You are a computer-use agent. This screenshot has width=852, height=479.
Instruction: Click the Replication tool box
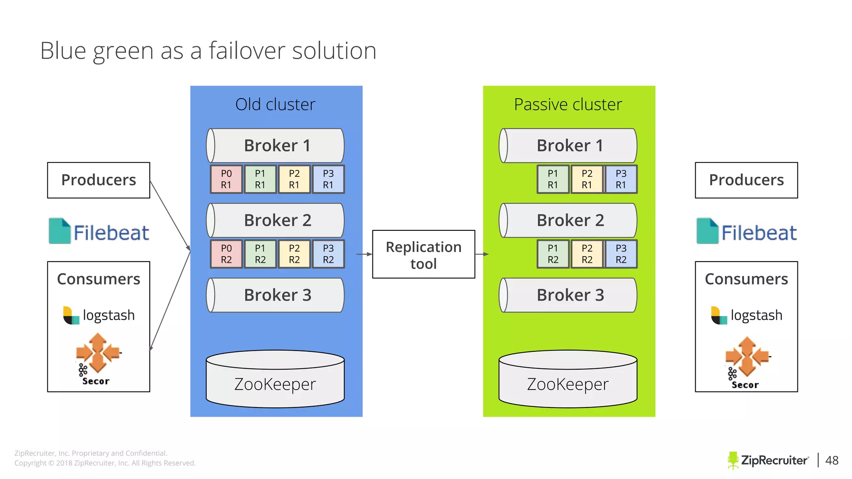tap(424, 254)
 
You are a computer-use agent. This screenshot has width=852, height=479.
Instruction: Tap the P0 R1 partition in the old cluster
tap(226, 179)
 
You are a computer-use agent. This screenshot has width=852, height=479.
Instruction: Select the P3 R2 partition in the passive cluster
tap(621, 254)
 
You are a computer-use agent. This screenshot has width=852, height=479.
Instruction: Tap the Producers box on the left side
tap(99, 180)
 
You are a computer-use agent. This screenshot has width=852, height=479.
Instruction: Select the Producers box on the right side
tap(746, 180)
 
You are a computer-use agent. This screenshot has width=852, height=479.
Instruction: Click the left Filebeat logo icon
tap(59, 231)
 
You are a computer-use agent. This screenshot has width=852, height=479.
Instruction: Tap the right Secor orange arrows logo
tap(747, 356)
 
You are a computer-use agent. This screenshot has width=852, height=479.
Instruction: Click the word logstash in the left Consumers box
tap(109, 315)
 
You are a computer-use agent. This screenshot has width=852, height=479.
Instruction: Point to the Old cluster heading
tap(275, 104)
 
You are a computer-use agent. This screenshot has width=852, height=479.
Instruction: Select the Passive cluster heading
tap(568, 104)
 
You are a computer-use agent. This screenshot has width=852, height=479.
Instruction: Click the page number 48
tap(832, 460)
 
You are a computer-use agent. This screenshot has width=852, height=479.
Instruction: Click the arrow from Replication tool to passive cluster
tap(481, 254)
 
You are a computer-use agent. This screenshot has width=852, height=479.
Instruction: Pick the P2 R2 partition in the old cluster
tap(294, 254)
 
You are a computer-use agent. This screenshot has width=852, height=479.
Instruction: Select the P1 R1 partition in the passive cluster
tap(552, 179)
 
